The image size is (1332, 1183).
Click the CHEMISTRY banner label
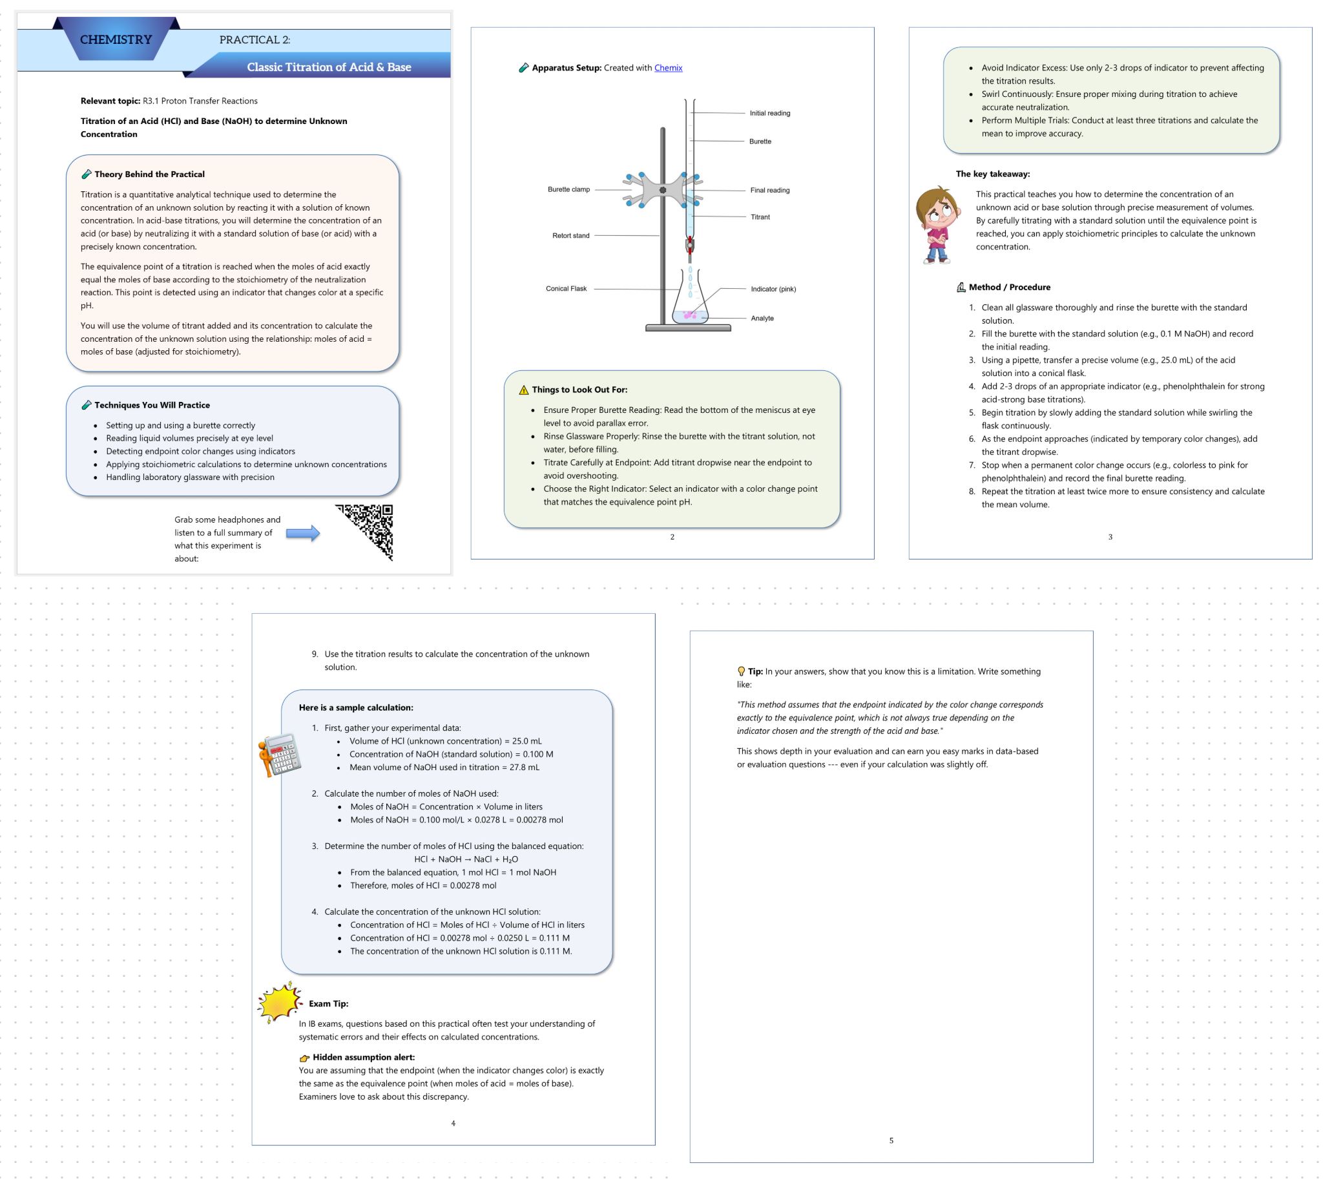(x=116, y=40)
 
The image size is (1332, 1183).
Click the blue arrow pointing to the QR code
(x=303, y=534)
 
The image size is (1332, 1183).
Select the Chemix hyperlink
(x=668, y=68)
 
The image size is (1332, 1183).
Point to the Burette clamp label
(x=568, y=190)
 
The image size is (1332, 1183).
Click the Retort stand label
(x=571, y=236)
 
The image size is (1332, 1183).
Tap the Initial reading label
(x=769, y=114)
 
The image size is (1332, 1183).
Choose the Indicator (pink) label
(x=773, y=289)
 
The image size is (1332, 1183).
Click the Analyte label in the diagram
(x=762, y=319)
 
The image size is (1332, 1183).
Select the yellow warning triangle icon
(x=523, y=390)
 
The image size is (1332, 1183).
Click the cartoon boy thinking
(x=937, y=225)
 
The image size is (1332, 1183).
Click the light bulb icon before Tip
(x=741, y=671)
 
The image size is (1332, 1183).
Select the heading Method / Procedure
(x=1009, y=288)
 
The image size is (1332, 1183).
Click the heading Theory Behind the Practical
(x=149, y=174)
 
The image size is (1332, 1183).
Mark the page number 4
(x=453, y=1123)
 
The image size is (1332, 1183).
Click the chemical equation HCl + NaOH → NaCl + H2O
(x=466, y=859)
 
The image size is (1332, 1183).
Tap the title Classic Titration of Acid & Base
(x=328, y=67)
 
